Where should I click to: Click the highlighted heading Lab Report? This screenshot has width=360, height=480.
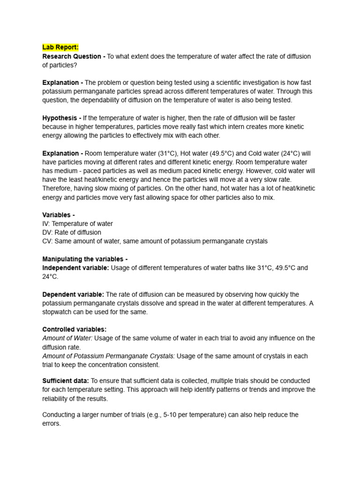[x=60, y=47]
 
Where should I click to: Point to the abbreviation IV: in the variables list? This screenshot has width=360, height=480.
[x=47, y=224]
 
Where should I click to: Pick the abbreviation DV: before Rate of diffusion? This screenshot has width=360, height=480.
[x=47, y=232]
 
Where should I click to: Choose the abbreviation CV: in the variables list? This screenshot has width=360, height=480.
[x=47, y=241]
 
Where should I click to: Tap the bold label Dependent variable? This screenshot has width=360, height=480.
[x=73, y=294]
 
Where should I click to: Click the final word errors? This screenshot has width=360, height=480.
[x=51, y=424]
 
